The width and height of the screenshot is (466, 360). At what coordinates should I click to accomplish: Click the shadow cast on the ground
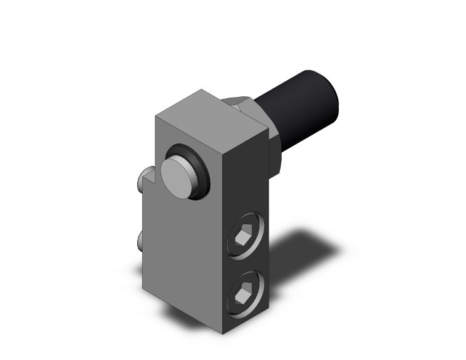pyautogui.click(x=301, y=250)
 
